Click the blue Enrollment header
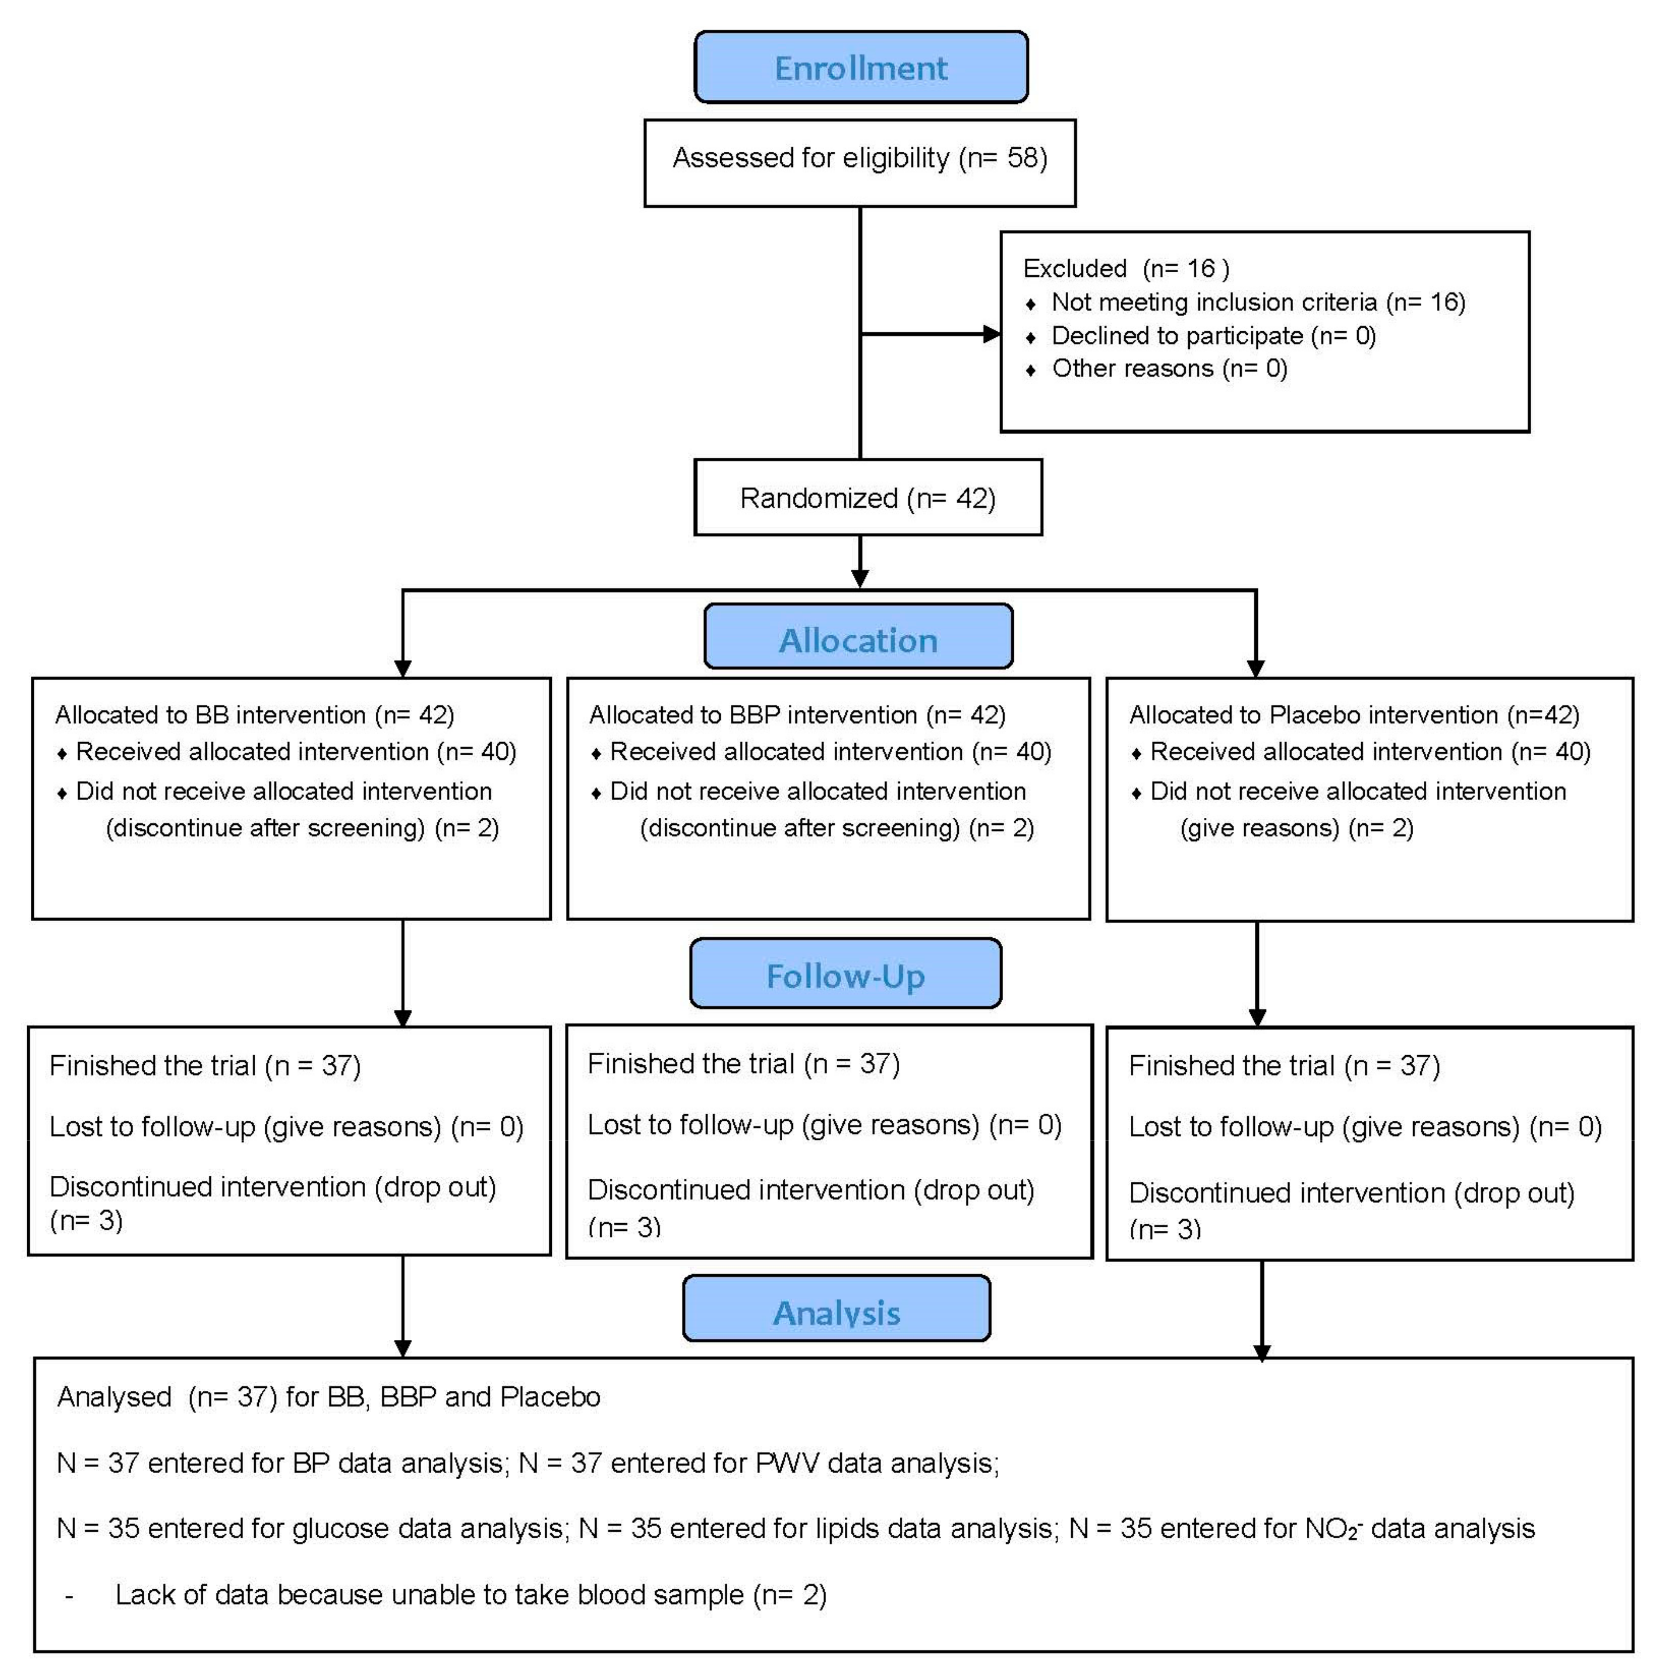[861, 68]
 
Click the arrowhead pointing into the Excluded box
[991, 334]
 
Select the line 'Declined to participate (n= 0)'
[1213, 337]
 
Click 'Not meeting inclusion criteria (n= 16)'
[1257, 303]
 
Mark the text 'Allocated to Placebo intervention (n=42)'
[1353, 715]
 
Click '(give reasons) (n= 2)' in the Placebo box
[1296, 828]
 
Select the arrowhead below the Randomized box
[860, 579]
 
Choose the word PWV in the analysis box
[787, 1463]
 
